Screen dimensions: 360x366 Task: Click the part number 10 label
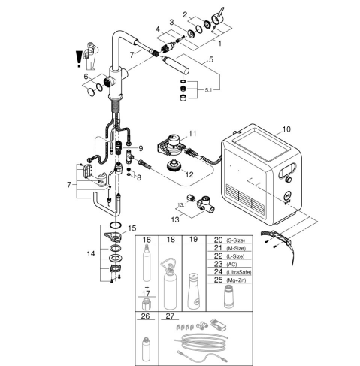tap(286, 129)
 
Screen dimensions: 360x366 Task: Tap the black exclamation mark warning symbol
tap(79, 59)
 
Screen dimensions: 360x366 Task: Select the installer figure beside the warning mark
tap(91, 56)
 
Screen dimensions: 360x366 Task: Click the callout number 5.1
tap(208, 90)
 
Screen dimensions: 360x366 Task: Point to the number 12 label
tap(189, 174)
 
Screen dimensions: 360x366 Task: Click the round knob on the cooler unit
tap(289, 179)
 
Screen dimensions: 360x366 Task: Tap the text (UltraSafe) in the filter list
tap(238, 272)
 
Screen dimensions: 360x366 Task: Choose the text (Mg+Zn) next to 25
tap(236, 280)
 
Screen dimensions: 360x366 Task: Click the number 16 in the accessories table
tap(147, 240)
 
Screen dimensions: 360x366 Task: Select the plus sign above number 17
tap(147, 287)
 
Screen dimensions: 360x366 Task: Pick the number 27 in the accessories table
tap(170, 316)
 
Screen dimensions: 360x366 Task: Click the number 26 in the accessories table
tap(145, 316)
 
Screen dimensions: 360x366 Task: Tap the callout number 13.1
tap(182, 205)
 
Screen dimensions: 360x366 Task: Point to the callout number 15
tap(132, 228)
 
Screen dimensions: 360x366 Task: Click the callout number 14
tap(91, 254)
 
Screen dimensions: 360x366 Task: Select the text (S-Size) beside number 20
tap(235, 240)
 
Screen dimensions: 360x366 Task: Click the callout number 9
tap(141, 149)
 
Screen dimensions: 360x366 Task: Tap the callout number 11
tap(192, 134)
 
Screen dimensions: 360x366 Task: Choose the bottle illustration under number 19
tap(194, 291)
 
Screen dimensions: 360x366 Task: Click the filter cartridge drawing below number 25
tap(229, 296)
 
